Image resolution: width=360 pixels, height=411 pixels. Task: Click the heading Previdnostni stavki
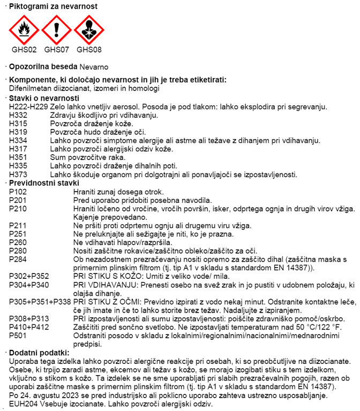pyautogui.click(x=40, y=182)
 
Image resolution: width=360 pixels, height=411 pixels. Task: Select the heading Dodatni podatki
pyautogui.click(x=37, y=352)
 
